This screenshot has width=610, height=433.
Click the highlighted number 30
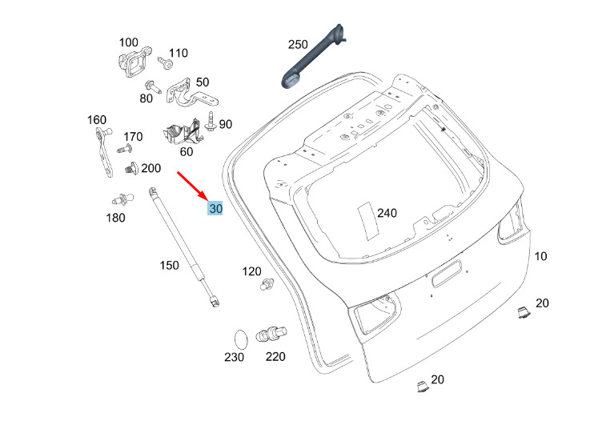[215, 209]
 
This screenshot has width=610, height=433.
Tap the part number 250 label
[298, 44]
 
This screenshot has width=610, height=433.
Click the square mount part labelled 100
[134, 62]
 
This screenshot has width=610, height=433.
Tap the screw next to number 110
[166, 63]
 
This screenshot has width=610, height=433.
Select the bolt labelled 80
[153, 86]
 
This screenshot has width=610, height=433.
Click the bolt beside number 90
[211, 122]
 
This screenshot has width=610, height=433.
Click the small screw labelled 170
[125, 149]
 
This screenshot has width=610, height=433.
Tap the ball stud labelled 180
[122, 199]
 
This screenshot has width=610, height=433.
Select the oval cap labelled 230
[241, 339]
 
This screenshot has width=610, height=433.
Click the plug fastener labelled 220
[271, 334]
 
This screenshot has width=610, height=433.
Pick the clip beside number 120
[267, 284]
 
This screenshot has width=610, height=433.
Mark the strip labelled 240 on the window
[368, 221]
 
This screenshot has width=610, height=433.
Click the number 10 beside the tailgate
[540, 256]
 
